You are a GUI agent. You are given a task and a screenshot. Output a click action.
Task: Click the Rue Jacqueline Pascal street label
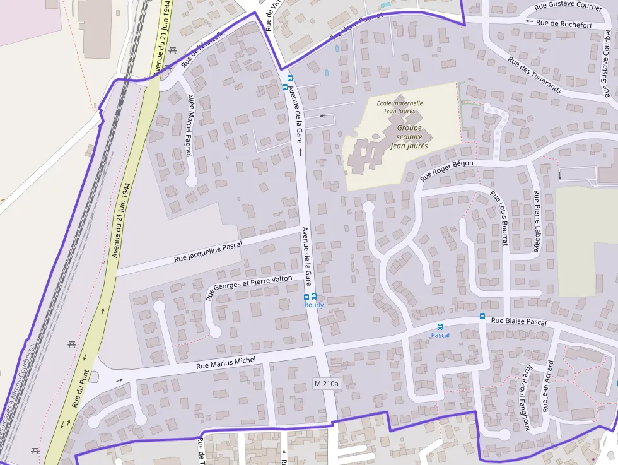click(x=208, y=252)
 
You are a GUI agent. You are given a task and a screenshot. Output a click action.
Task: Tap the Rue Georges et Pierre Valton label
click(x=249, y=287)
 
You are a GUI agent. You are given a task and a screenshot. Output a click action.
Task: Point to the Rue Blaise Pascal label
click(x=518, y=321)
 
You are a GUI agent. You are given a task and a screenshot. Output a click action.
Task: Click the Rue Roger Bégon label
click(x=446, y=169)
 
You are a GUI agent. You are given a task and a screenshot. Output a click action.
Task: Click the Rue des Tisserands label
click(x=534, y=75)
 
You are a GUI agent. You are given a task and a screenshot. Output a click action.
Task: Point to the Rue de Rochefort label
click(x=564, y=25)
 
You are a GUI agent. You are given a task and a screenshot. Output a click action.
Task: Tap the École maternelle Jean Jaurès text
click(x=400, y=107)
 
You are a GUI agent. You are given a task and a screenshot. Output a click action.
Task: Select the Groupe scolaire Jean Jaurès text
click(x=409, y=136)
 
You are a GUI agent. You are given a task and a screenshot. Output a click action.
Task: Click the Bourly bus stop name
click(x=313, y=305)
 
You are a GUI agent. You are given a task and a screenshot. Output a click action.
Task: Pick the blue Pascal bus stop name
click(x=440, y=335)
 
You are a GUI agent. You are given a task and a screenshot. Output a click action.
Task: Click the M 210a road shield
click(x=326, y=383)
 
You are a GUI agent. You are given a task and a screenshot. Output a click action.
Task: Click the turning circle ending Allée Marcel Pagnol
click(x=192, y=182)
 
